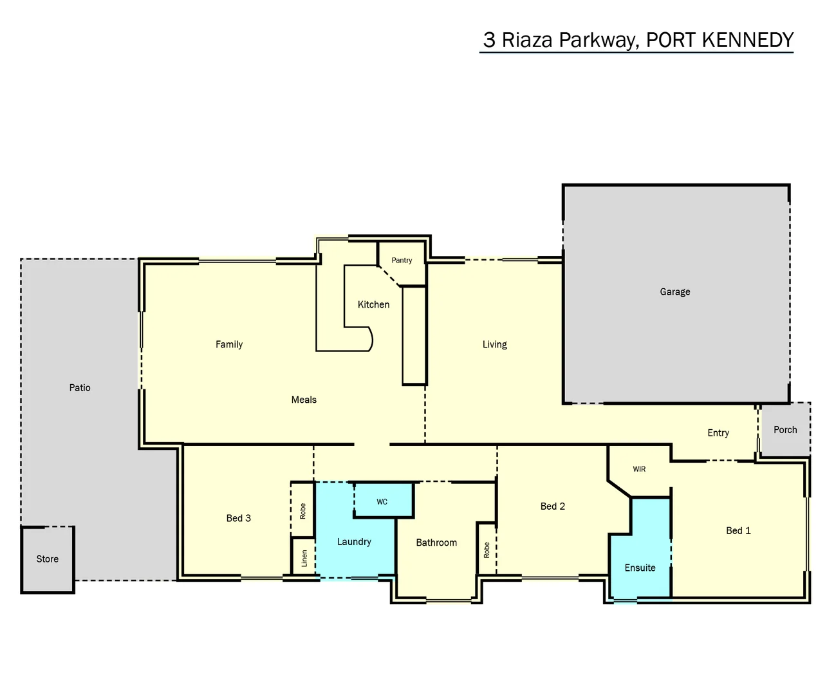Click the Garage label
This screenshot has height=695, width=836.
tap(674, 292)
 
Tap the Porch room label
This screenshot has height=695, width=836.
tap(785, 430)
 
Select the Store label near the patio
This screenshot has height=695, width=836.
tap(47, 559)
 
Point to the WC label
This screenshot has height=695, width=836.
tap(382, 502)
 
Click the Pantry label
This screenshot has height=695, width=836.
tap(402, 261)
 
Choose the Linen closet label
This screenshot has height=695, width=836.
tap(304, 559)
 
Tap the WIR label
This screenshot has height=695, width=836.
tap(639, 469)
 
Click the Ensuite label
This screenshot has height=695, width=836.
tap(640, 568)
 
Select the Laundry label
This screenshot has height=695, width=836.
tap(354, 542)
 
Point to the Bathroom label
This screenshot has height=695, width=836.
tap(436, 542)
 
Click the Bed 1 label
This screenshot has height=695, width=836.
tap(738, 531)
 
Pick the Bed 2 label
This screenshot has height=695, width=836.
tap(552, 506)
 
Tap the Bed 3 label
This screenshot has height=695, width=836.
tap(238, 518)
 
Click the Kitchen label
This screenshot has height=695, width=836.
tap(373, 304)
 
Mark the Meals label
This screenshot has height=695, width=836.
tap(304, 400)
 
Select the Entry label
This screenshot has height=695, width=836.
tap(718, 433)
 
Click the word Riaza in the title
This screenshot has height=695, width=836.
tap(527, 40)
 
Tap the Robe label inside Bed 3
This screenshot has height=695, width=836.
tap(302, 511)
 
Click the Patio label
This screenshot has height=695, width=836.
tap(80, 387)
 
